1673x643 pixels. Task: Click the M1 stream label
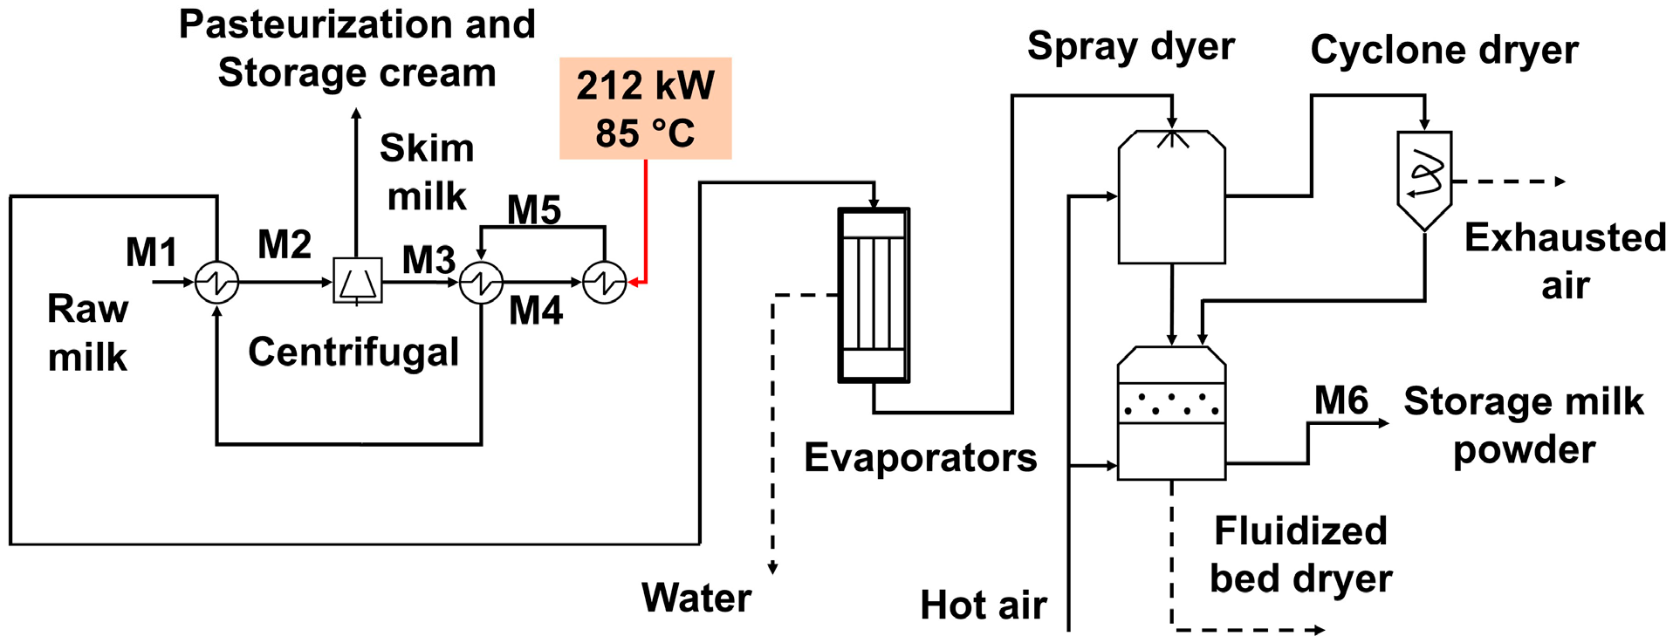tap(152, 253)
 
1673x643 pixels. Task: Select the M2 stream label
tap(285, 245)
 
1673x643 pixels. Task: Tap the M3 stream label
tap(429, 260)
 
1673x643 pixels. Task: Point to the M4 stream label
tap(536, 311)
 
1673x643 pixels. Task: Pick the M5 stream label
tap(534, 209)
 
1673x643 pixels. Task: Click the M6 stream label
tap(1341, 401)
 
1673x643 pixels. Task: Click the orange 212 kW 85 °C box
tap(645, 109)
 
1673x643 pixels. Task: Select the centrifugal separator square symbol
tap(358, 281)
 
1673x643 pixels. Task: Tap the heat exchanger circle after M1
tap(216, 282)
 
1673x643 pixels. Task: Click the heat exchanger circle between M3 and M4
tap(481, 282)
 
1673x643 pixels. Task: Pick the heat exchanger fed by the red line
tap(604, 282)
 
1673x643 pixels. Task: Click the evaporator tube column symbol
tap(874, 295)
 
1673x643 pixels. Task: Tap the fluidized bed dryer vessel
tap(1172, 414)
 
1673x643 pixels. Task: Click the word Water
tap(696, 599)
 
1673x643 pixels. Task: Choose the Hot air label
tap(984, 605)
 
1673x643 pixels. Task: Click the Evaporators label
tap(921, 458)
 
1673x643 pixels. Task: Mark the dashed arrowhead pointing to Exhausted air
tap(1560, 181)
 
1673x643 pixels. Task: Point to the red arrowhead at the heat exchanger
tap(634, 282)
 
